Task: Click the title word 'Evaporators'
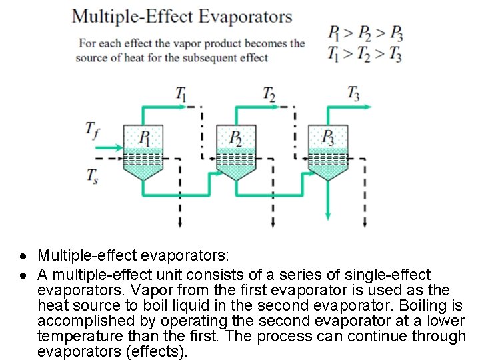(248, 17)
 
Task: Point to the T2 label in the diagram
(269, 93)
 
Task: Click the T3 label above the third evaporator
(354, 93)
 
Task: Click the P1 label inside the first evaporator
(145, 138)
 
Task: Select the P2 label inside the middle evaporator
(236, 138)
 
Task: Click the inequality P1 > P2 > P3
(365, 32)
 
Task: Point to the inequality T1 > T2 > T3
(365, 54)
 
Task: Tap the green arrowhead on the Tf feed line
(119, 148)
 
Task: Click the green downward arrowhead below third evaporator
(328, 214)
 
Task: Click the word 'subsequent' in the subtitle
(235, 57)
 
